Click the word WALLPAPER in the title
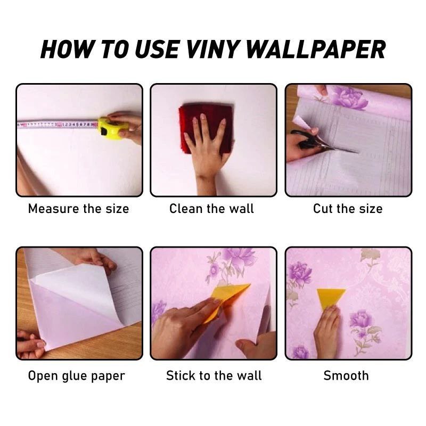coord(316,50)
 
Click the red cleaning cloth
coord(205,128)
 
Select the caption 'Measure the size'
coord(78,209)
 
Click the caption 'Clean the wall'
coord(211,209)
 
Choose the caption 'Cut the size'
coord(348,209)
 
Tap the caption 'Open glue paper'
coord(76,376)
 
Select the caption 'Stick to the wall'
coord(214,376)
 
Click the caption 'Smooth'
coord(346,376)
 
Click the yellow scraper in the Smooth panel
coord(330,298)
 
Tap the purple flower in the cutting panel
coord(349,97)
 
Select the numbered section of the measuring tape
coord(79,125)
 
